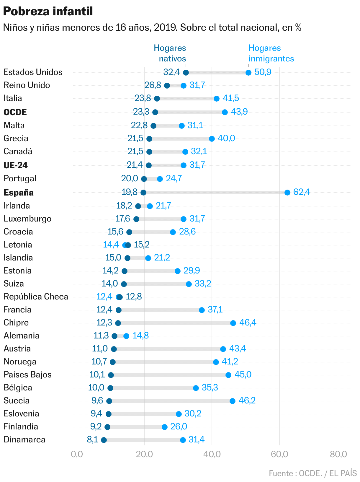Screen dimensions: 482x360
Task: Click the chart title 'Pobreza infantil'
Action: pyautogui.click(x=48, y=12)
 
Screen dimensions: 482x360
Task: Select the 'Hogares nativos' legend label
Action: pyautogui.click(x=170, y=53)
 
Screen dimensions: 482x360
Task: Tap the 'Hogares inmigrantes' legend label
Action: pyautogui.click(x=271, y=53)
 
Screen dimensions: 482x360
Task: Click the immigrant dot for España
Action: pyautogui.click(x=287, y=193)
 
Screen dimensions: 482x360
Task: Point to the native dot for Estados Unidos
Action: pyautogui.click(x=186, y=73)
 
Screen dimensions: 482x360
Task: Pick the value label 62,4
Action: pyautogui.click(x=302, y=192)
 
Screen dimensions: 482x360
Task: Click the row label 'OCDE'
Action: pyautogui.click(x=15, y=112)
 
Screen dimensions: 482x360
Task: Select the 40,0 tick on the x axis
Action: pyautogui.click(x=212, y=454)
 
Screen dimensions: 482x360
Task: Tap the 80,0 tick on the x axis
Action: pyautogui.click(x=338, y=454)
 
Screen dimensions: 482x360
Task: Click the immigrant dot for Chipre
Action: pyautogui.click(x=233, y=323)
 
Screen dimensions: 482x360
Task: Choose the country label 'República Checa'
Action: pyautogui.click(x=36, y=297)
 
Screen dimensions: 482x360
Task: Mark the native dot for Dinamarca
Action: pyautogui.click(x=104, y=440)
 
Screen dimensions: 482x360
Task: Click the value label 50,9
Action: pyautogui.click(x=263, y=72)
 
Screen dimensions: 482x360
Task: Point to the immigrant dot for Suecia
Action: pyautogui.click(x=233, y=401)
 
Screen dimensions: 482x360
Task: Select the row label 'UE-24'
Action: pyautogui.click(x=16, y=165)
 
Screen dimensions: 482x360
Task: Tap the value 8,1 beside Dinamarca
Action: pyautogui.click(x=92, y=439)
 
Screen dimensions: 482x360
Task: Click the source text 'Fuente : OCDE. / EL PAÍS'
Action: pyautogui.click(x=313, y=473)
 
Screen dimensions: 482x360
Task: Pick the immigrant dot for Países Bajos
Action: pyautogui.click(x=228, y=375)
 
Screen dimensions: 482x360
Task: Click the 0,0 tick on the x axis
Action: pyautogui.click(x=77, y=454)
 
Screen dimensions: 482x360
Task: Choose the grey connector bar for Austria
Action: pyautogui.click(x=168, y=349)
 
